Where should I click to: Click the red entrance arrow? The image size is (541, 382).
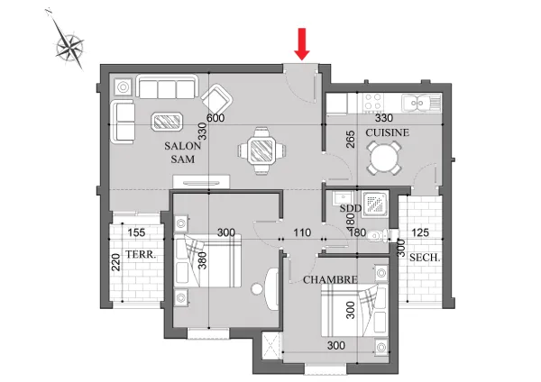pyautogui.click(x=302, y=44)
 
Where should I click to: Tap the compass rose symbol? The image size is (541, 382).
pyautogui.click(x=69, y=47)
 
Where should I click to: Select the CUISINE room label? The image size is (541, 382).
pyautogui.click(x=388, y=132)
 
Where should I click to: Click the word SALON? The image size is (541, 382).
pyautogui.click(x=182, y=146)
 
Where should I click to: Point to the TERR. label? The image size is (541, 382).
pyautogui.click(x=141, y=255)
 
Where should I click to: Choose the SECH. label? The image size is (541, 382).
pyautogui.click(x=425, y=258)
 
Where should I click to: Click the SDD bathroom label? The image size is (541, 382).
pyautogui.click(x=350, y=208)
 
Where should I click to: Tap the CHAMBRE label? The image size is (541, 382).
pyautogui.click(x=330, y=279)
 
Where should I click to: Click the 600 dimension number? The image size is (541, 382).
pyautogui.click(x=215, y=118)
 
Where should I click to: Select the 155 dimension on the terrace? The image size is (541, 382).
pyautogui.click(x=136, y=232)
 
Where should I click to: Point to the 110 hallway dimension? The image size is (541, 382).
pyautogui.click(x=302, y=232)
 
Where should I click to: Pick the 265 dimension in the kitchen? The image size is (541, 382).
pyautogui.click(x=350, y=140)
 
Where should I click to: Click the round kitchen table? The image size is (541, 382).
pyautogui.click(x=384, y=159)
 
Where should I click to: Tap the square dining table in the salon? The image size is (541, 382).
pyautogui.click(x=261, y=150)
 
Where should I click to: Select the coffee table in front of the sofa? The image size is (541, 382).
pyautogui.click(x=167, y=122)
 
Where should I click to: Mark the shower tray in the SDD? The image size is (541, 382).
pyautogui.click(x=375, y=205)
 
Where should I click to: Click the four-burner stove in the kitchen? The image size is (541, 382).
pyautogui.click(x=372, y=102)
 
